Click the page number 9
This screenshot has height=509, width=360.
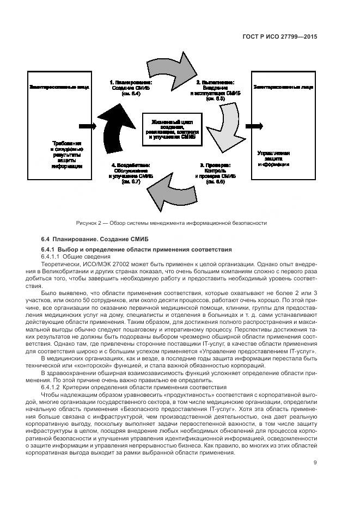pos(315,463)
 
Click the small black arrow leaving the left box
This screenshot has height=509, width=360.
pos(87,126)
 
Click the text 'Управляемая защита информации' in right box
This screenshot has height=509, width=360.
pos(274,159)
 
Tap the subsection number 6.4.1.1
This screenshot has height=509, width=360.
pos(51,256)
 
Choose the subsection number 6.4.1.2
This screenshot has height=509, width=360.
pos(51,387)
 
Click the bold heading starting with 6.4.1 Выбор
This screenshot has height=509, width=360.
pos(129,249)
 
